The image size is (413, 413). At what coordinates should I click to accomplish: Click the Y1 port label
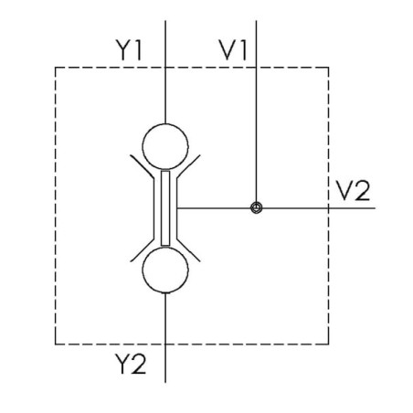[128, 50]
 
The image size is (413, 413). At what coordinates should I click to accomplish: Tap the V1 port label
[233, 50]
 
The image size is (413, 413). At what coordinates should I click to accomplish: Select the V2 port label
[353, 190]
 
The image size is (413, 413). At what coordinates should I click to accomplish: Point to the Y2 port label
[131, 364]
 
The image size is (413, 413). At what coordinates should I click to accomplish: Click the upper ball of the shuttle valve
[165, 123]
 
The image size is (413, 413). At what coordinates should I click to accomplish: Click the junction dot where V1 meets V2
[256, 208]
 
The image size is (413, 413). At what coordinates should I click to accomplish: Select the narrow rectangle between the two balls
[165, 208]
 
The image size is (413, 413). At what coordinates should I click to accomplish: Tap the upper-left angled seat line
[143, 166]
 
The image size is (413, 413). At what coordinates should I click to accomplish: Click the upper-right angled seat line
[188, 166]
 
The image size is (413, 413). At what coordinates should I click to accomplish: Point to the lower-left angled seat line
[143, 250]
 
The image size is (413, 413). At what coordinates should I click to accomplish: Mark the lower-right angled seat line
[188, 250]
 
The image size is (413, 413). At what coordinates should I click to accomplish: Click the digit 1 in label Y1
[138, 50]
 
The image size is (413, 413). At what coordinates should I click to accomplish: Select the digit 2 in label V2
[363, 190]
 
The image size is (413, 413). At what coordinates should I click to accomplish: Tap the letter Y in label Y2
[122, 364]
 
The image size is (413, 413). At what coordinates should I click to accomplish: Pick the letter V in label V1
[228, 50]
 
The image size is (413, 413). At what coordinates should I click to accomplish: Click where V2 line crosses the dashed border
[328, 208]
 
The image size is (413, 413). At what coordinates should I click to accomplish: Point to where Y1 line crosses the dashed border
[165, 68]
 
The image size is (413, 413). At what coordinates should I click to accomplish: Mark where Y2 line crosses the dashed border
[165, 344]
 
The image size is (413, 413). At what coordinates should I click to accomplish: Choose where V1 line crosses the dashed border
[256, 68]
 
